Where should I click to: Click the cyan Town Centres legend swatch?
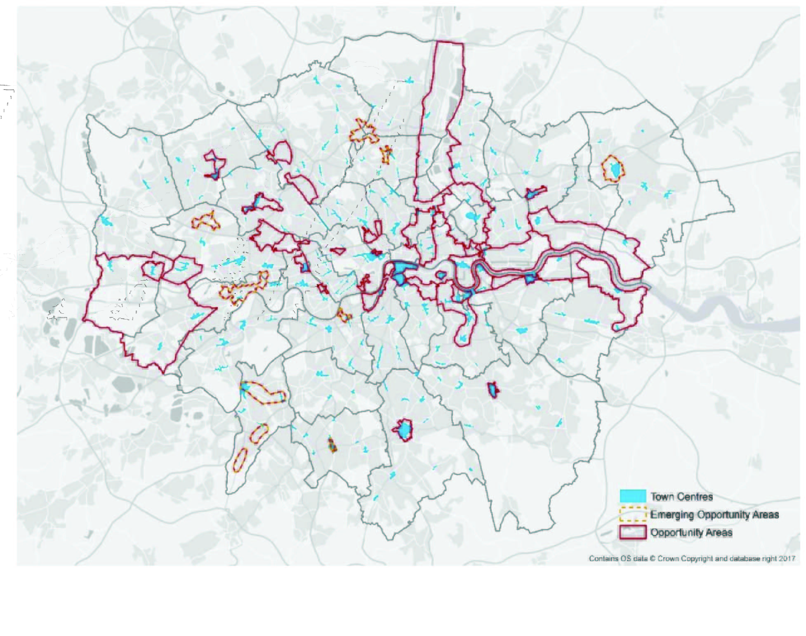click(x=632, y=496)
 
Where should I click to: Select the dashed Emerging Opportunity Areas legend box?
click(x=632, y=514)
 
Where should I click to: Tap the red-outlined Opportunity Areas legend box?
click(x=632, y=532)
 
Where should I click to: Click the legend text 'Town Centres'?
click(x=681, y=497)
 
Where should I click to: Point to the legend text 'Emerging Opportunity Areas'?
click(x=714, y=515)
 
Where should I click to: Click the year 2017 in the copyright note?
click(x=787, y=558)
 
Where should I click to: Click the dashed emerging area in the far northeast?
click(x=613, y=169)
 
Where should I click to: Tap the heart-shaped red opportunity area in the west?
click(x=153, y=270)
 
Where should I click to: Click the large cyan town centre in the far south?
click(x=405, y=430)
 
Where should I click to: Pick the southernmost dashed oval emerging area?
click(x=240, y=460)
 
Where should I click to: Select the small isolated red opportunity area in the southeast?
click(x=493, y=390)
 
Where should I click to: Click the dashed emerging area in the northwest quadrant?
click(x=206, y=222)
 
